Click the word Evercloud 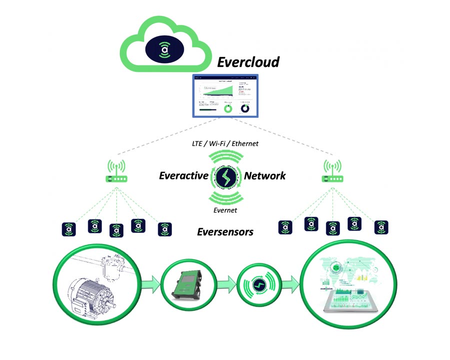click(x=247, y=62)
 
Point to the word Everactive click(x=183, y=175)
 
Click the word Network click(x=265, y=175)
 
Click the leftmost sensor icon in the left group click(x=68, y=229)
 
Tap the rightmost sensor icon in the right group click(x=381, y=227)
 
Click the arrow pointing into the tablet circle click(x=294, y=285)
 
